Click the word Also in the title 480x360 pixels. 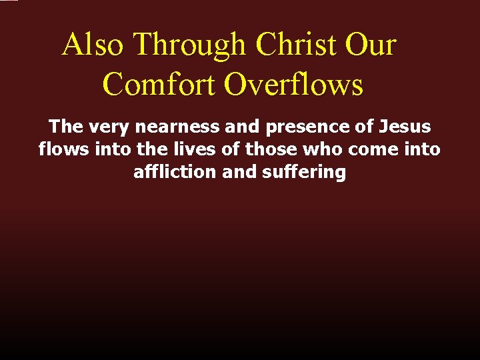click(93, 45)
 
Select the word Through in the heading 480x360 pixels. click(190, 45)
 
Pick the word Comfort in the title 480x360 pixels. click(160, 85)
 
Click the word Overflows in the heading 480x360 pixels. click(293, 85)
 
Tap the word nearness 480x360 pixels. click(177, 127)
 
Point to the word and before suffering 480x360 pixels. click(238, 171)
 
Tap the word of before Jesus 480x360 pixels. click(365, 127)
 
